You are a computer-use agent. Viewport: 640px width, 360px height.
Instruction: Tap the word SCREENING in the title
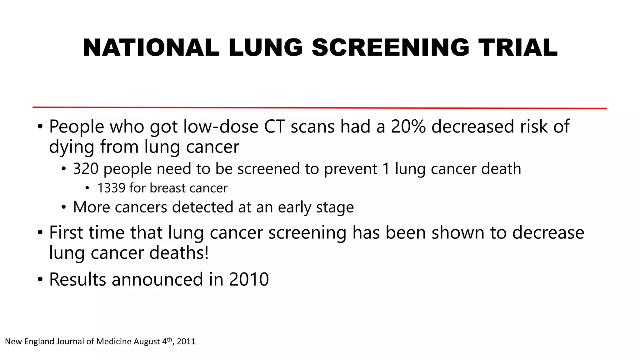coord(390,47)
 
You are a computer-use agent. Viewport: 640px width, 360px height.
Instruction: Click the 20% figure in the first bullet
coord(408,127)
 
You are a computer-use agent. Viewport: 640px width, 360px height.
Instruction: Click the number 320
coord(86,169)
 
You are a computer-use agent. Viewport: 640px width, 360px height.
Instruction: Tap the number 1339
coord(111,188)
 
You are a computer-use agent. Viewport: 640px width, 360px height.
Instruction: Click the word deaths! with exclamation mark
coord(179,252)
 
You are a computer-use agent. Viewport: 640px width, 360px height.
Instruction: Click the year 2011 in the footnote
coord(186,341)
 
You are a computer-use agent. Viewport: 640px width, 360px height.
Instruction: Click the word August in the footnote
coord(147,342)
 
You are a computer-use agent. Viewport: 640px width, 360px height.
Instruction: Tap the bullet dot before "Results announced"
coord(40,279)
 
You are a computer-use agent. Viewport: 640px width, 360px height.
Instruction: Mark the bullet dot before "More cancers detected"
coord(64,207)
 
